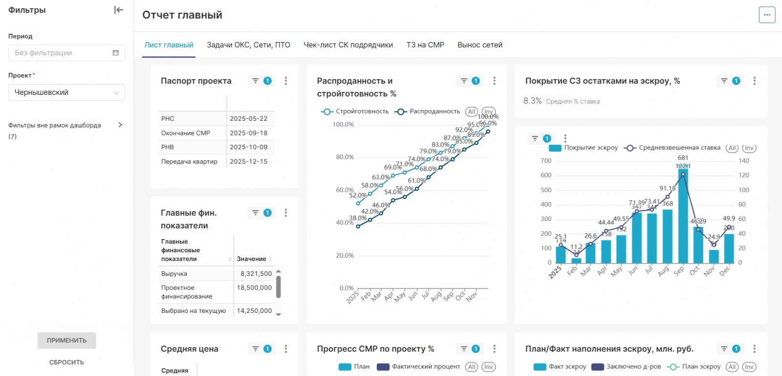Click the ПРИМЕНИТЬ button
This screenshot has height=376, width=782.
pos(66,340)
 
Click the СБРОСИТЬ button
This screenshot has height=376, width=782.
pos(66,362)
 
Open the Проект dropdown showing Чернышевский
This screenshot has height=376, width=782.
pos(66,92)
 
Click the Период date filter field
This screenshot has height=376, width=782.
pos(66,53)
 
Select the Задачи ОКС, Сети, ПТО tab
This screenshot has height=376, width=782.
pos(248,45)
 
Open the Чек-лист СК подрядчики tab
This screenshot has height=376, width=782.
pos(348,45)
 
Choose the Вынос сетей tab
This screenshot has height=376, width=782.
pos(479,45)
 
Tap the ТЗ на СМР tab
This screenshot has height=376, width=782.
pos(425,45)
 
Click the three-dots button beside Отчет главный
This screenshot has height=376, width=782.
pos(767,15)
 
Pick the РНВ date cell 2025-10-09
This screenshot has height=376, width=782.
pos(249,147)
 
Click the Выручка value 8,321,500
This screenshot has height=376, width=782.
pos(256,274)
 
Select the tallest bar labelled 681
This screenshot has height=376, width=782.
pos(683,215)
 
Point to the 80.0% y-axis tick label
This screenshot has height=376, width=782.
pos(345,157)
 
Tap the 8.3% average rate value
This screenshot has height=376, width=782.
pos(532,101)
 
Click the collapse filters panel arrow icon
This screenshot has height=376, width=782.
pos(118,10)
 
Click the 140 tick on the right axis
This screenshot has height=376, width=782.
pos(743,161)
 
